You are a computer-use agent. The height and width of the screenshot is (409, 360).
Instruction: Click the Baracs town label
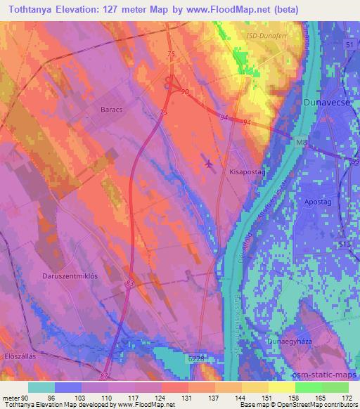(x=112, y=110)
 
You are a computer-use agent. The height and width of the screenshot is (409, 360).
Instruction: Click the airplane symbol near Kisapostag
(x=208, y=163)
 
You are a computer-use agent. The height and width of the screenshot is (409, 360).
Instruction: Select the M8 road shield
(x=301, y=144)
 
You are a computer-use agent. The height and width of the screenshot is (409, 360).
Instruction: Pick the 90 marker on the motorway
(x=185, y=92)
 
